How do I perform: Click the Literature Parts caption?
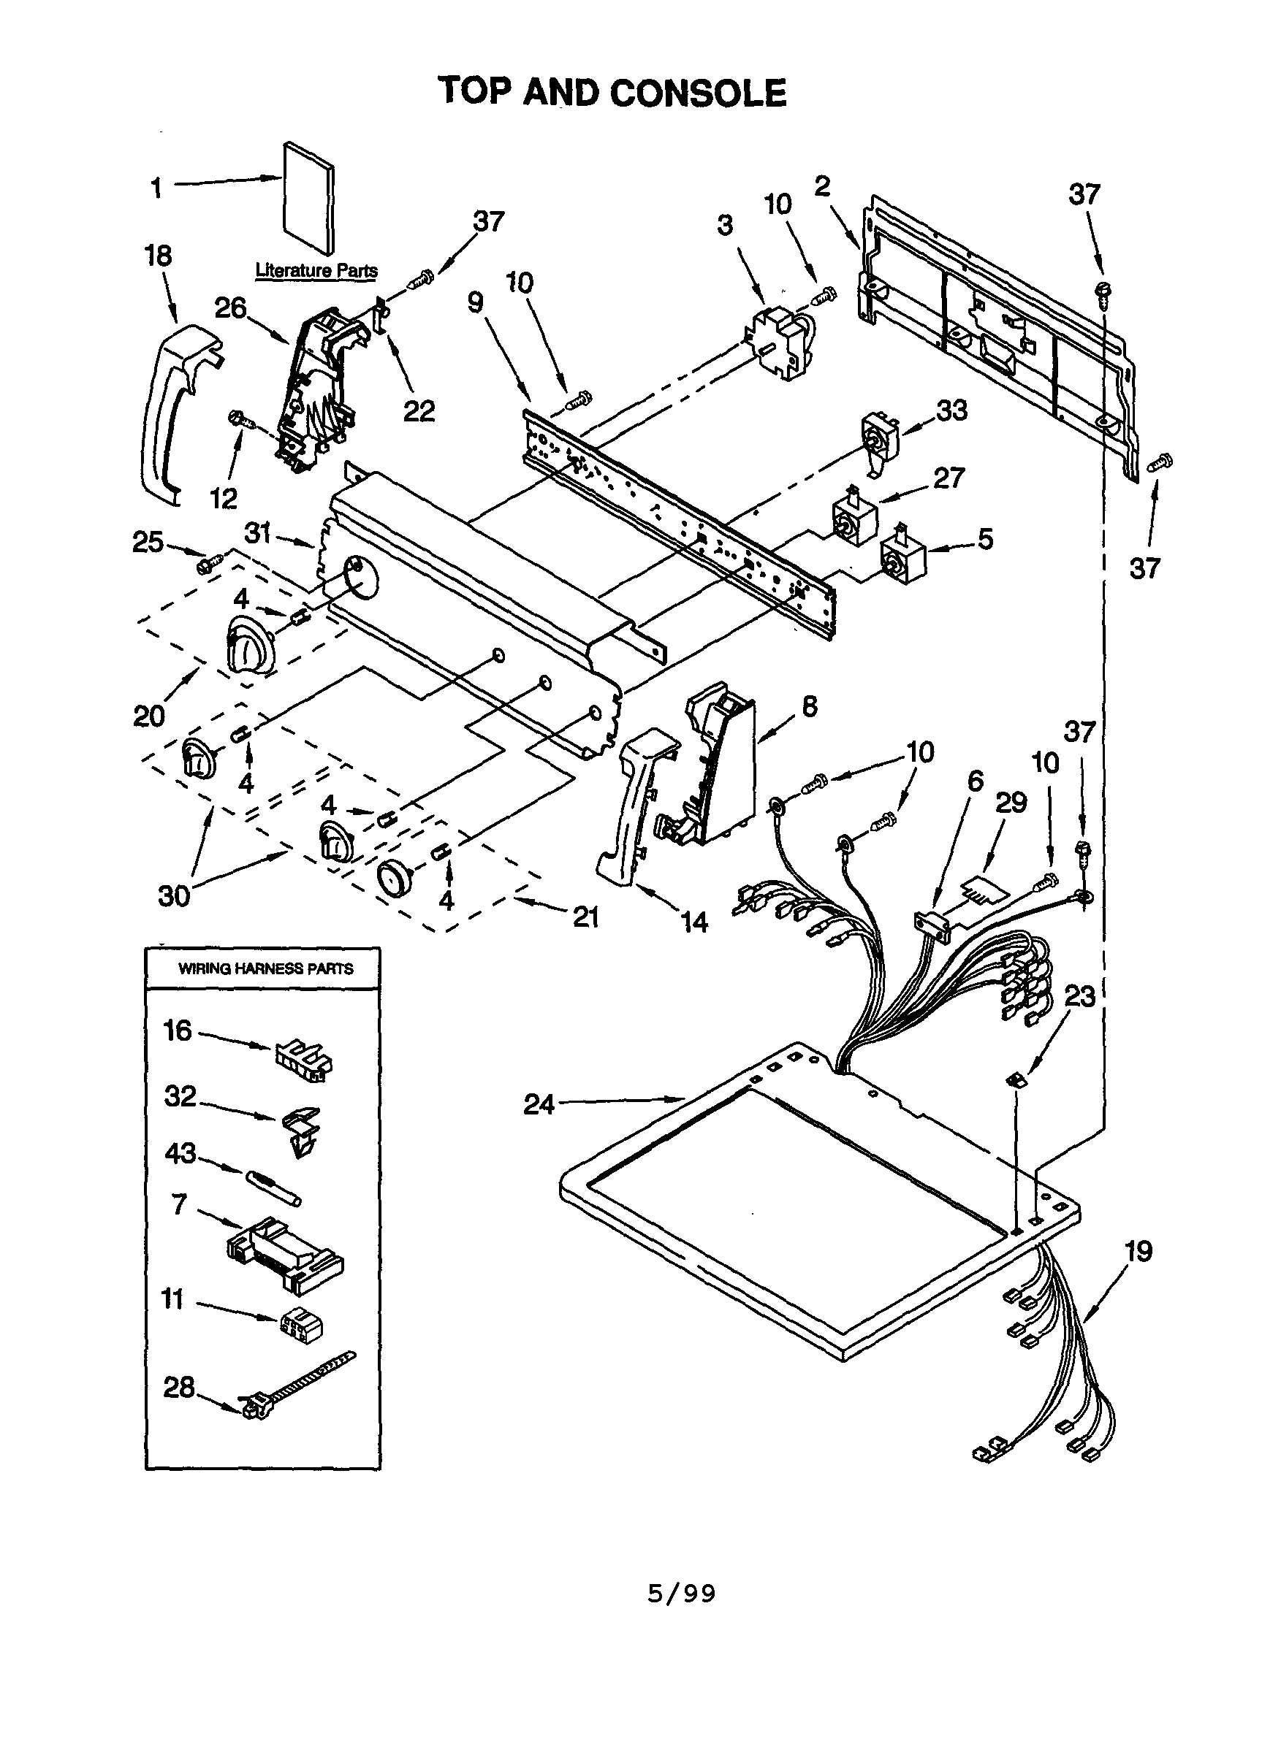point(316,270)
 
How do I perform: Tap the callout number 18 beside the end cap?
point(158,256)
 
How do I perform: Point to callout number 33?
point(951,410)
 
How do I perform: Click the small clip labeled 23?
point(1016,1079)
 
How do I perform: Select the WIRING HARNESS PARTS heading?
point(265,968)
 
